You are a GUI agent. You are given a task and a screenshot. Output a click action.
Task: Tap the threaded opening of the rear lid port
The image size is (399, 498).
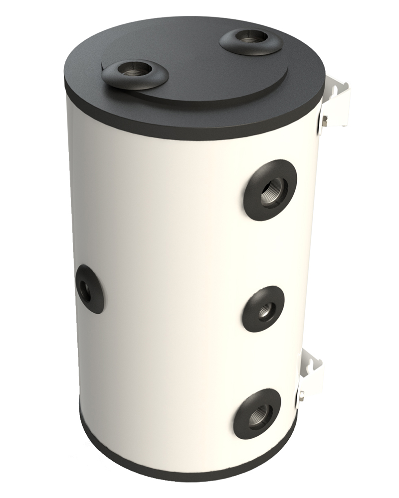pos(251,36)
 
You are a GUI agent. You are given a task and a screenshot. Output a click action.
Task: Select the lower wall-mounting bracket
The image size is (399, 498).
pos(311,376)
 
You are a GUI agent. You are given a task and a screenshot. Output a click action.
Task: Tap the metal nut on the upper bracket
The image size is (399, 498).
pos(325,120)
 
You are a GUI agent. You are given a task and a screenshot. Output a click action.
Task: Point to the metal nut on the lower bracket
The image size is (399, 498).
pos(302,396)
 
